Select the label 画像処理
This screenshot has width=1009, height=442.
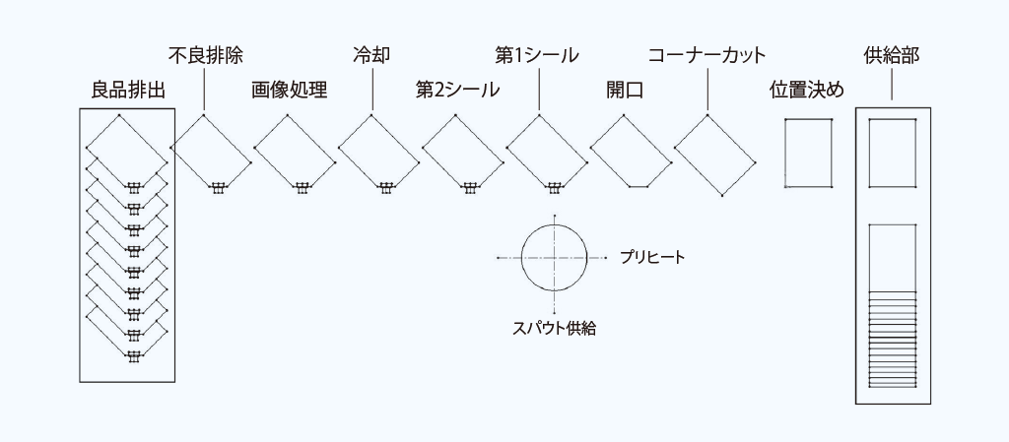[289, 92]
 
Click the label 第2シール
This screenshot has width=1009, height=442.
[457, 92]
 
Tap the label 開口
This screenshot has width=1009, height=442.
[624, 92]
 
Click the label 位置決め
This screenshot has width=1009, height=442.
[807, 92]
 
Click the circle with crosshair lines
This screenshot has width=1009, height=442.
[554, 257]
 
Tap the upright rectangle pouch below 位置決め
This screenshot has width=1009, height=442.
[809, 153]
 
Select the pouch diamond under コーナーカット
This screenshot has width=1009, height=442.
[714, 155]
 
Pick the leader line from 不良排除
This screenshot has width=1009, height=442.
[204, 89]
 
